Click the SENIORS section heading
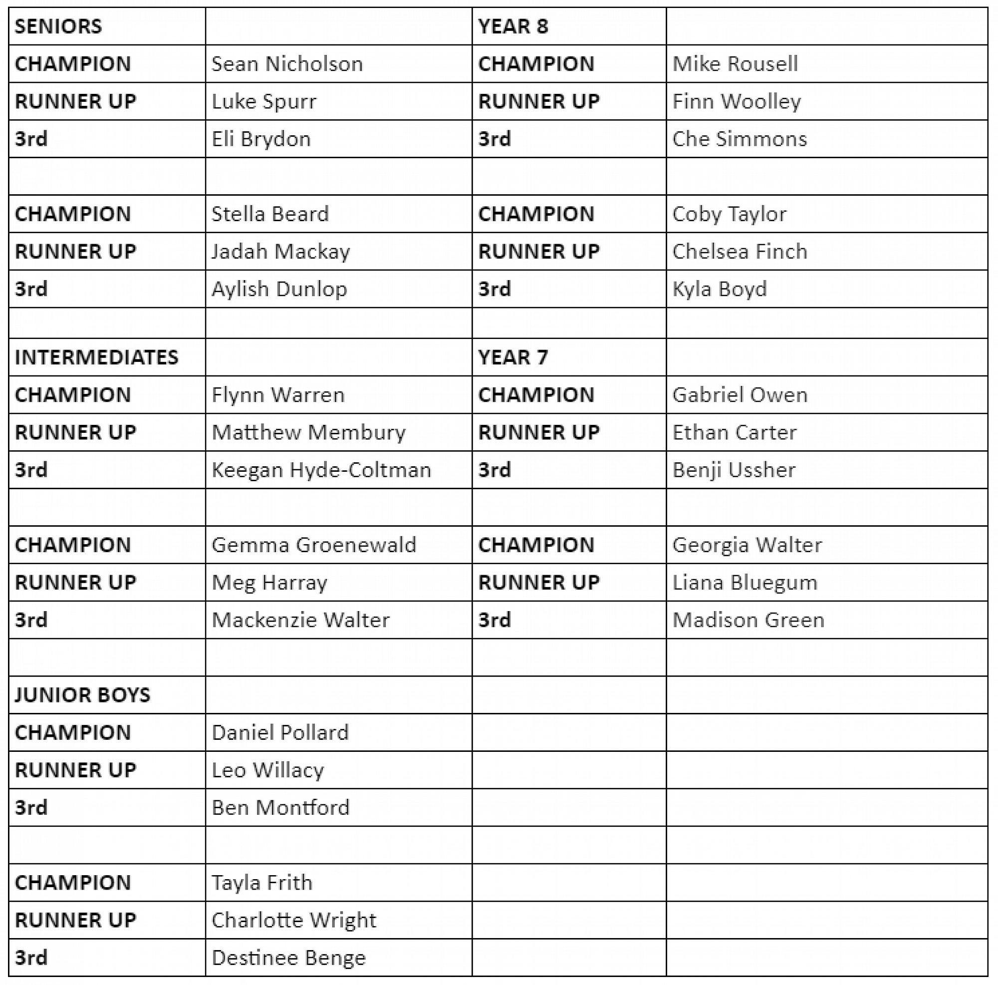(x=58, y=26)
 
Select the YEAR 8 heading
(x=512, y=26)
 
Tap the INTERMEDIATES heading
(x=97, y=357)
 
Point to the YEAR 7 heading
(x=512, y=357)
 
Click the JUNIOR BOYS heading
(x=83, y=695)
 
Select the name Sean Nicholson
(x=287, y=64)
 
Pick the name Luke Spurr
(x=264, y=102)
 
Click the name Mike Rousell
(x=735, y=64)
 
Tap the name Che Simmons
(x=739, y=139)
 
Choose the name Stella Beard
(x=270, y=214)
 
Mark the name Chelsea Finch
(x=739, y=252)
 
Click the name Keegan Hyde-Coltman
(x=321, y=470)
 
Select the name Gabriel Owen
(x=740, y=395)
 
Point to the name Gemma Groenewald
(x=314, y=545)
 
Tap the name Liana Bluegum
(x=745, y=583)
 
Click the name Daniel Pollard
(x=280, y=733)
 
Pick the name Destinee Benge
(x=289, y=958)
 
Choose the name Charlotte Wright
(x=294, y=921)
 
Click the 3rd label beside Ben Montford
(x=31, y=808)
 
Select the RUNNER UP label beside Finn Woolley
(x=539, y=102)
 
